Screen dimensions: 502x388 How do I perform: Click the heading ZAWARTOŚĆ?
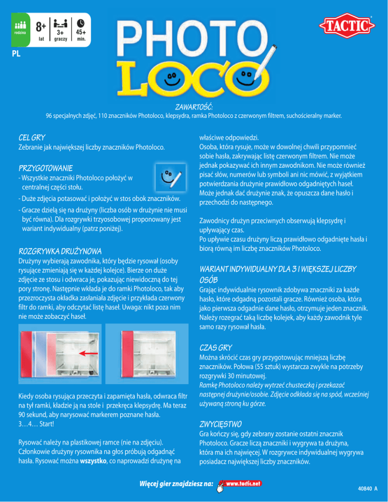pos(193,107)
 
